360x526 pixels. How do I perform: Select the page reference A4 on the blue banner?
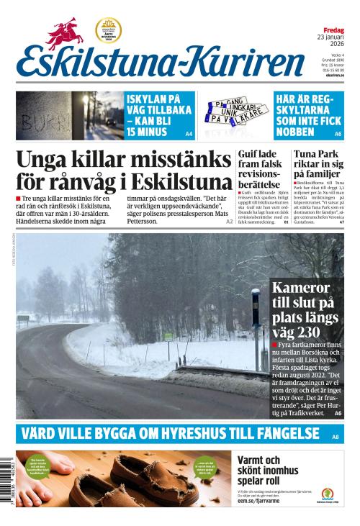[x=189, y=134]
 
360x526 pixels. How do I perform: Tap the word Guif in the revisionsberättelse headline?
[x=248, y=154]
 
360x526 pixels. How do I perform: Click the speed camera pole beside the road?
[x=256, y=324]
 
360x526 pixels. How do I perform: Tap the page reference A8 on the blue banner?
[x=336, y=437]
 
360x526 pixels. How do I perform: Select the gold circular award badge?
[x=109, y=30]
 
